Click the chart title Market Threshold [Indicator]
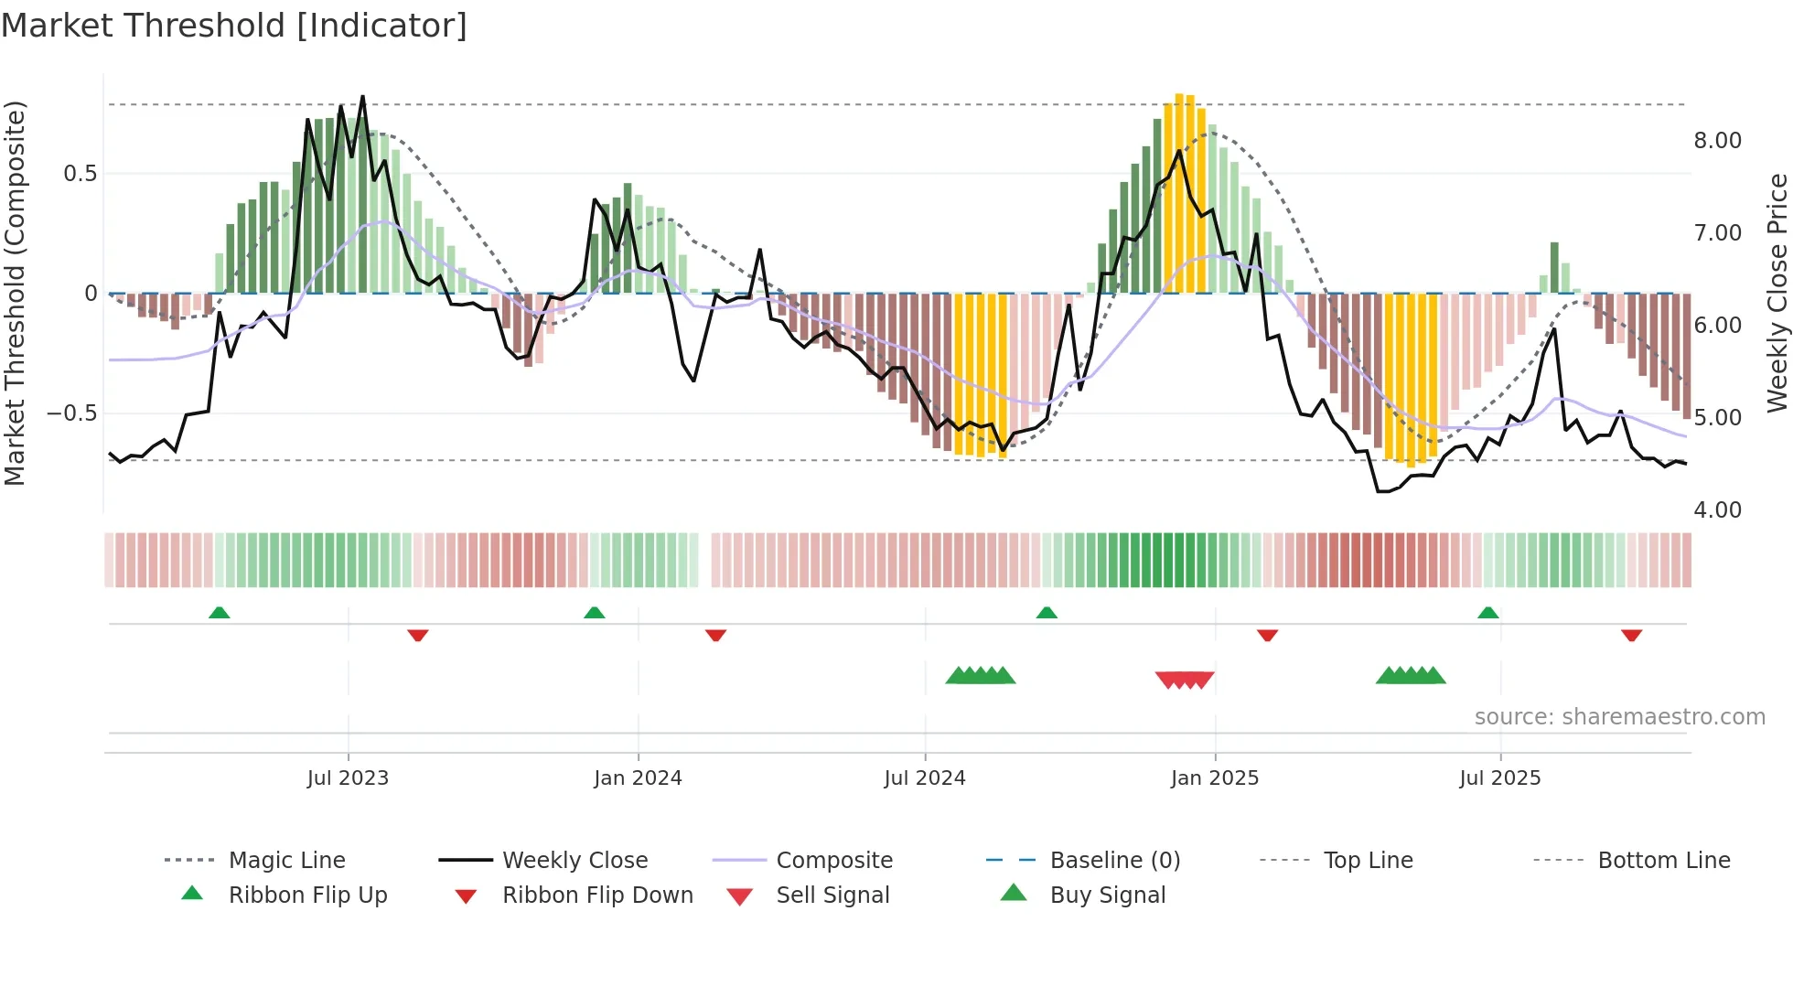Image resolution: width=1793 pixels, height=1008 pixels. [234, 26]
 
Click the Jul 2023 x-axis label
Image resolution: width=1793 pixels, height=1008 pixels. [348, 778]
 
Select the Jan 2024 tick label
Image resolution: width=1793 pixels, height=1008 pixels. [638, 778]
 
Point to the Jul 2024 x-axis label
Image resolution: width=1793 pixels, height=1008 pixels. [925, 778]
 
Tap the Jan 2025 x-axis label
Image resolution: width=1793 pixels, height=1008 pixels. [1215, 778]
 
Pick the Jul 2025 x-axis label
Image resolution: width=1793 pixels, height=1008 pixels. [1500, 778]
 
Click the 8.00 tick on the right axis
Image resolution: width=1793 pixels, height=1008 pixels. [1717, 141]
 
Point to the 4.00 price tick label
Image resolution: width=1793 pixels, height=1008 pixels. [1717, 510]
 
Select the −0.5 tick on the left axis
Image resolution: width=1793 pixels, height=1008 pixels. [71, 413]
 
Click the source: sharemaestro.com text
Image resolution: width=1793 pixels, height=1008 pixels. [1619, 717]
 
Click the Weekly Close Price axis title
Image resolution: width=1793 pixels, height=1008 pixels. [1777, 293]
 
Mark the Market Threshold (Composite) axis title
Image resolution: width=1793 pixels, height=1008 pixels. [15, 293]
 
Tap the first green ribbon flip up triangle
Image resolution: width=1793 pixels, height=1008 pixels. [220, 613]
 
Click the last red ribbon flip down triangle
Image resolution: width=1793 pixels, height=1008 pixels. [1631, 635]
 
